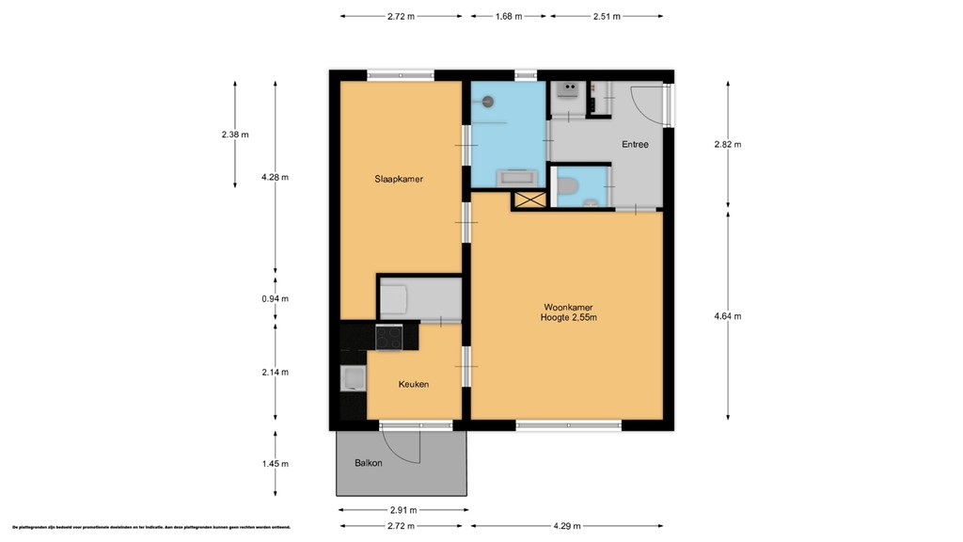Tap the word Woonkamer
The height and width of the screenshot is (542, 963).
click(x=567, y=307)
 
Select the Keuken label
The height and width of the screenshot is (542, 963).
click(x=414, y=384)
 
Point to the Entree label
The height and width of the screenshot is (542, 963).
click(x=635, y=145)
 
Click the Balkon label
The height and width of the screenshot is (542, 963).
click(x=368, y=464)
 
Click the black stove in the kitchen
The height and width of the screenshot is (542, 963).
click(x=388, y=336)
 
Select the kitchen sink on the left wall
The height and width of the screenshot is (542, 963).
click(x=354, y=379)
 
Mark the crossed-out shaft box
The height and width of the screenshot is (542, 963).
click(x=529, y=199)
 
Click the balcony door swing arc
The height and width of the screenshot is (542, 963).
click(x=410, y=450)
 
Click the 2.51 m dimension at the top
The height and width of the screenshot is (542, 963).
click(x=607, y=16)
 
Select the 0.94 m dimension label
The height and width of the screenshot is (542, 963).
click(x=276, y=299)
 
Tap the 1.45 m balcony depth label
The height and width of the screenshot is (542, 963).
click(x=276, y=464)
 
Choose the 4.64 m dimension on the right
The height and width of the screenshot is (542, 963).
click(x=728, y=316)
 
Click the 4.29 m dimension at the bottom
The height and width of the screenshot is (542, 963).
click(x=566, y=526)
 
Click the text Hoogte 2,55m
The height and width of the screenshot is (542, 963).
click(x=569, y=318)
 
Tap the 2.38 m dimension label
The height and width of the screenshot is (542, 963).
click(x=235, y=135)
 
